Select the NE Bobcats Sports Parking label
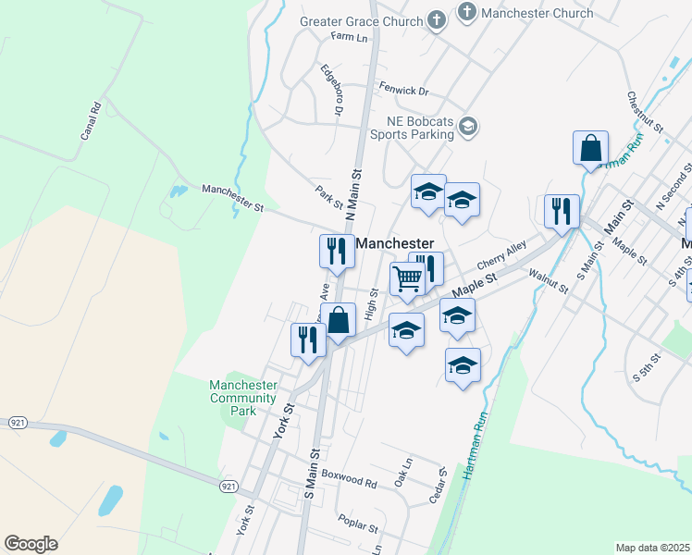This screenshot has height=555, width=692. [412, 128]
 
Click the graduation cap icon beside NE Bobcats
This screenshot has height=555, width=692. [468, 126]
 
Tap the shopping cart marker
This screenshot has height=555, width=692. [407, 278]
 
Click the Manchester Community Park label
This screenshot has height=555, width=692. [242, 398]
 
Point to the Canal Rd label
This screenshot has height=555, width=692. [90, 120]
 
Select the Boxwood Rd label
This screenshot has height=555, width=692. [352, 482]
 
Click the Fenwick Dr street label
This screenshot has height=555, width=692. [404, 91]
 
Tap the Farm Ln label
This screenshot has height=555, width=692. [349, 38]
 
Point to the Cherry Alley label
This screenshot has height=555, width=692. [502, 252]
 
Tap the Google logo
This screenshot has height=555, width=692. [31, 544]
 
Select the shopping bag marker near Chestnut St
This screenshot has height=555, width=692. [590, 148]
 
